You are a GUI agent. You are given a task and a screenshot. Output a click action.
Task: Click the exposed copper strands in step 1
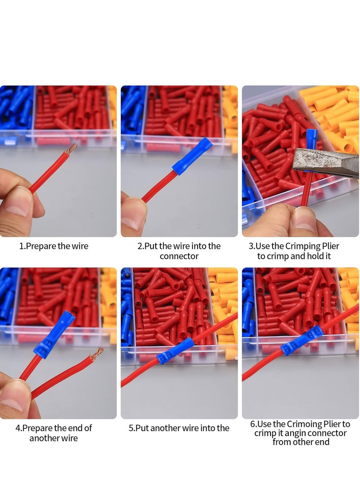pyautogui.click(x=71, y=149)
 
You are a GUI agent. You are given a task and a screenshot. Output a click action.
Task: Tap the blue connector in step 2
pyautogui.click(x=192, y=156)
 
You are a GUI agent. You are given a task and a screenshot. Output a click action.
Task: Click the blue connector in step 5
pyautogui.click(x=175, y=351)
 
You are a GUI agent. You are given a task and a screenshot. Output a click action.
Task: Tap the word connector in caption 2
pyautogui.click(x=179, y=256)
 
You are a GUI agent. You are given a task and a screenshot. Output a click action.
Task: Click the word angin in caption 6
pyautogui.click(x=295, y=433)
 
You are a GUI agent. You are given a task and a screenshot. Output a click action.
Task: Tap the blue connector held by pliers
pyautogui.click(x=311, y=141)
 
